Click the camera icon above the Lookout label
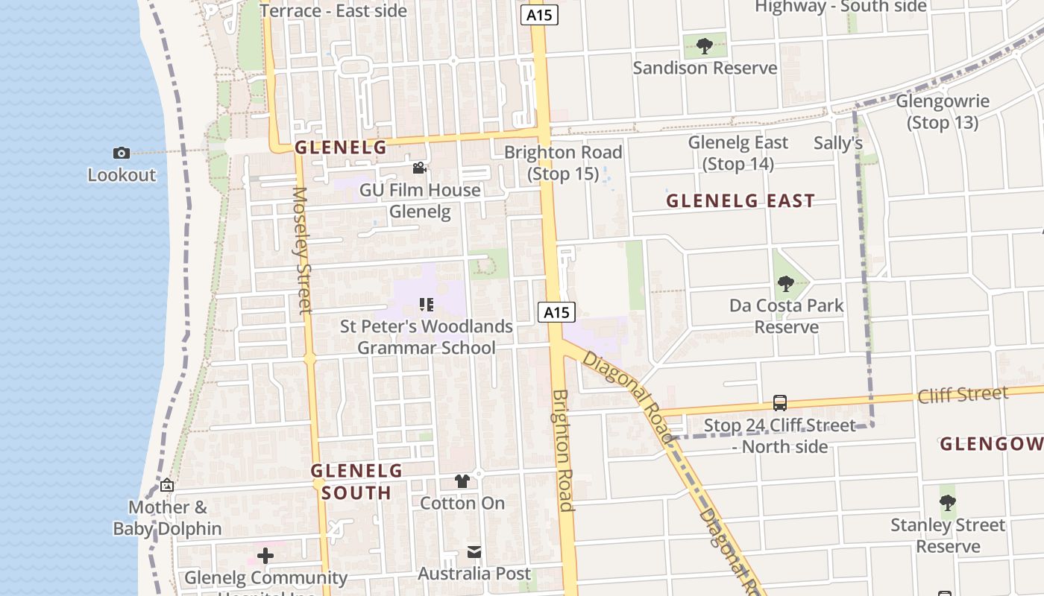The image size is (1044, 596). point(122,153)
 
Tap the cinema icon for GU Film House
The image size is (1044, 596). point(419,168)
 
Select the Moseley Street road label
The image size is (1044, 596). point(301,250)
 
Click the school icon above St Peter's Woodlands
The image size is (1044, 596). point(427,304)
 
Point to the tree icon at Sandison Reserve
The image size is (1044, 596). point(704,46)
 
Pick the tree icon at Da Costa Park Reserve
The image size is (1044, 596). point(785,283)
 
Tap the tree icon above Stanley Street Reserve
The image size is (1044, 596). point(947,503)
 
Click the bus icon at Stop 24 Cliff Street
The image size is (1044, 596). point(779,403)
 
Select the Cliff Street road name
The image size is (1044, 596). point(963,394)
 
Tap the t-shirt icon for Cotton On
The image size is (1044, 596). point(462,481)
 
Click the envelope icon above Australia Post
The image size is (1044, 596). point(474,552)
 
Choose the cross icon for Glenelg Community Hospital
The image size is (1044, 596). point(265,556)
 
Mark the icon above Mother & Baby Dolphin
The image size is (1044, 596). point(167,486)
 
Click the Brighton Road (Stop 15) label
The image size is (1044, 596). point(563,163)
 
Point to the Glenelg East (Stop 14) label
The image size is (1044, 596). point(738,153)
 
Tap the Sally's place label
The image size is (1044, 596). point(838,143)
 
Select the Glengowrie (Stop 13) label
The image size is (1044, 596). point(943,112)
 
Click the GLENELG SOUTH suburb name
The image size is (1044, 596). point(356,481)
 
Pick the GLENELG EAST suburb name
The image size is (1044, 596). point(740,200)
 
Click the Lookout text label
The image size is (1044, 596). point(122,175)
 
